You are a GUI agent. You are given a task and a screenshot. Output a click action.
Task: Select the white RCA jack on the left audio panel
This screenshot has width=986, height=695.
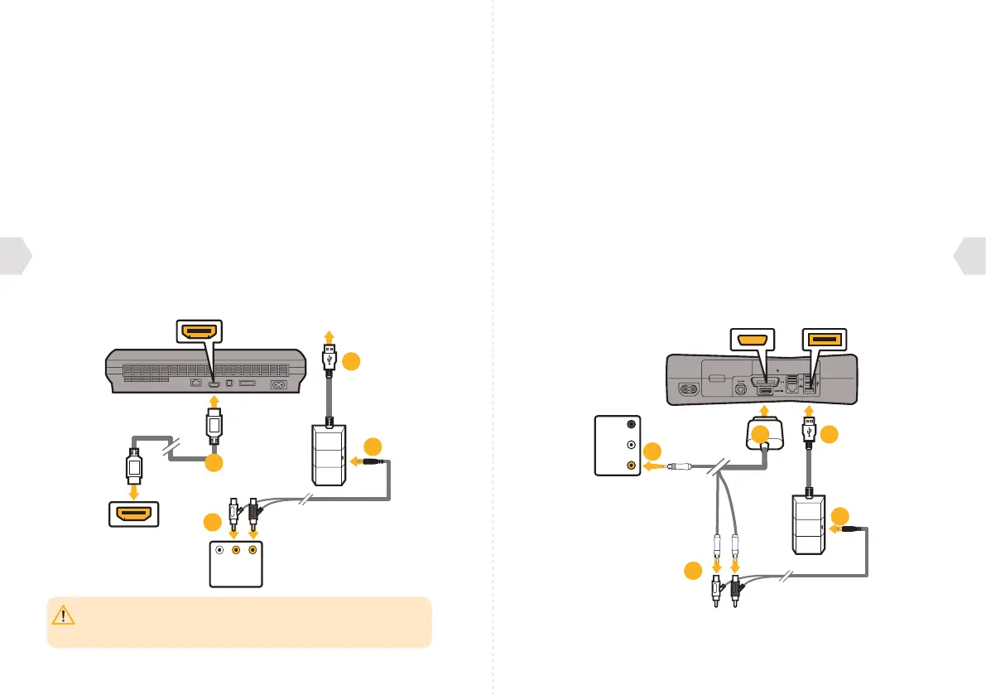[219, 549]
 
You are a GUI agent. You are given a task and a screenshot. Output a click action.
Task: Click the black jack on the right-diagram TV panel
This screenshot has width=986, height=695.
[632, 422]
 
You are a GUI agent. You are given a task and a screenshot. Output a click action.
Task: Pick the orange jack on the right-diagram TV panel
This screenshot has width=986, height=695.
[632, 466]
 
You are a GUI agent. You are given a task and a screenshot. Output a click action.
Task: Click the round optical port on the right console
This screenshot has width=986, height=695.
[740, 386]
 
